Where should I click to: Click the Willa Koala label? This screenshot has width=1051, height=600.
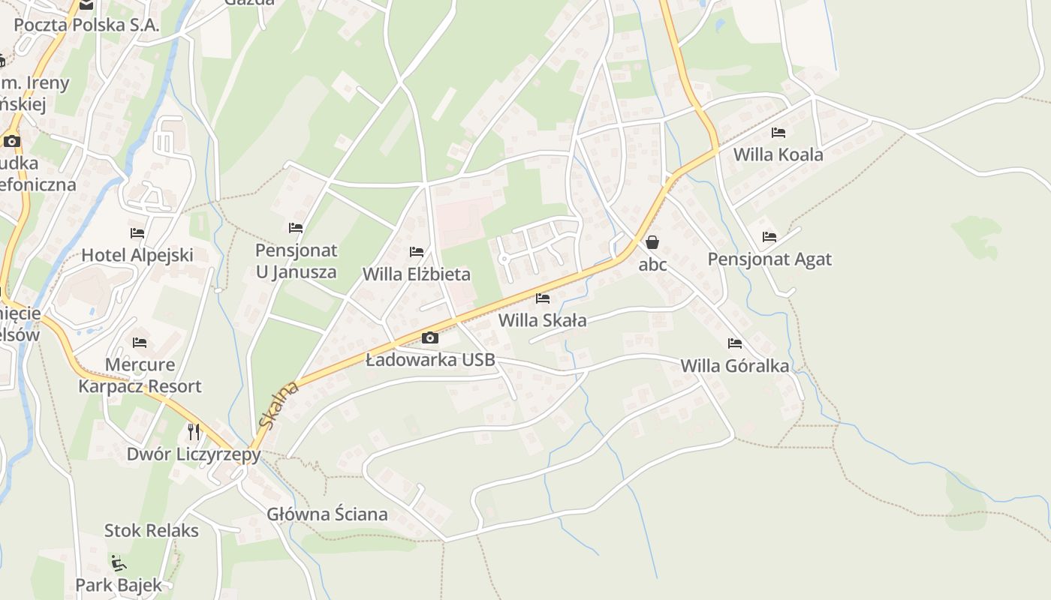[x=778, y=155]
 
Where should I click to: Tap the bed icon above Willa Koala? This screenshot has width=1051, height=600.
[x=778, y=133]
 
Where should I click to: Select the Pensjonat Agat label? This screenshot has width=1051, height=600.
[x=769, y=259]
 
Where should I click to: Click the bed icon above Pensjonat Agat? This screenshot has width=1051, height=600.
[x=769, y=237]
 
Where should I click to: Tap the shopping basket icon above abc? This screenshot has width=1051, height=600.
[x=652, y=242]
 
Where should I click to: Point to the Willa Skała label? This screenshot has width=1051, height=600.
[x=542, y=321]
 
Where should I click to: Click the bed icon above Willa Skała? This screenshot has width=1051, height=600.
[x=543, y=298]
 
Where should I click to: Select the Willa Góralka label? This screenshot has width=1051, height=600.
[x=734, y=366]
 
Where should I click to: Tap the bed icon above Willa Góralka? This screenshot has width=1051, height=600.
[x=735, y=343]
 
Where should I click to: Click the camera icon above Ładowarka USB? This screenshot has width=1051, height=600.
[x=430, y=337]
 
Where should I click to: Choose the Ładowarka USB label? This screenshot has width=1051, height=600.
[x=430, y=360]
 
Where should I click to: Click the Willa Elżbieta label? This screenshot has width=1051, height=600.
[x=417, y=274]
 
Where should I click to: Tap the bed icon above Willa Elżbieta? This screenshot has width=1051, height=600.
[x=417, y=252]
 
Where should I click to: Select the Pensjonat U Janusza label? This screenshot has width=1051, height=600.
[x=296, y=261]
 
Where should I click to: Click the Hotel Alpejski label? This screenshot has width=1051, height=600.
[x=137, y=255]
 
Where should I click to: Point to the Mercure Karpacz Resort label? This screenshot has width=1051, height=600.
[x=140, y=376]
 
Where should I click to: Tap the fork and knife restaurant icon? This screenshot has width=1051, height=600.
[x=194, y=431]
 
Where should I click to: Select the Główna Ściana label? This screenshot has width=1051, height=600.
[x=327, y=514]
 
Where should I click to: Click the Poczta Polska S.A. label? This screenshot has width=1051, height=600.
[x=86, y=25]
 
